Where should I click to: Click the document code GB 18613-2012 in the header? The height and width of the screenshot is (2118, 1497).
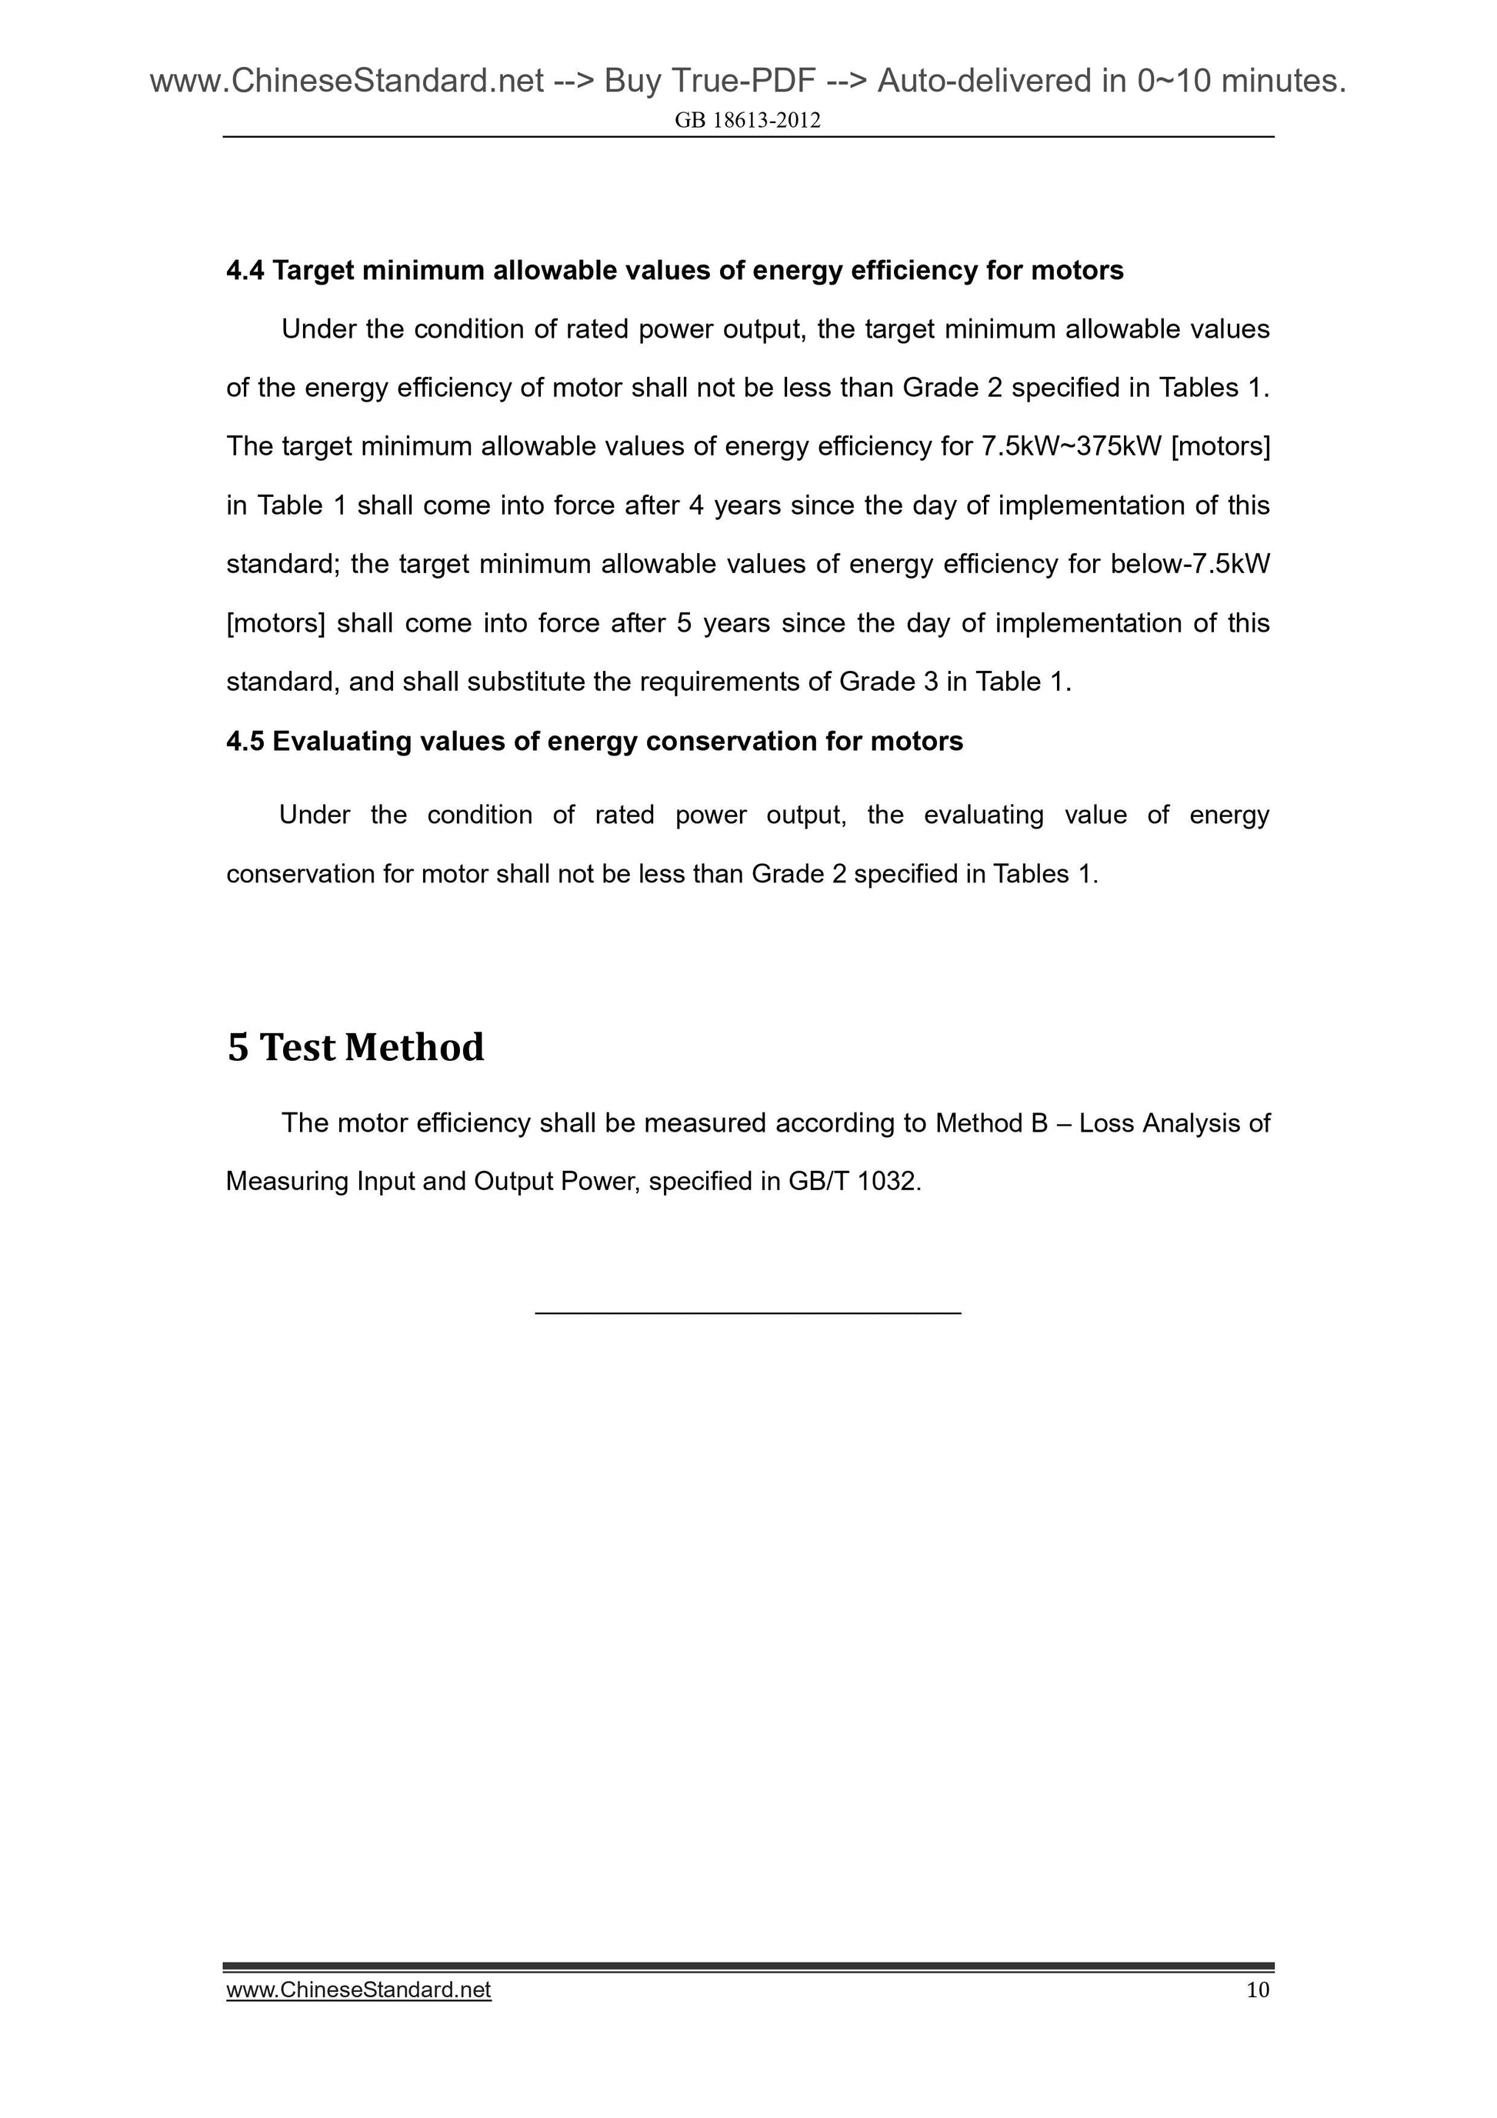pyautogui.click(x=747, y=121)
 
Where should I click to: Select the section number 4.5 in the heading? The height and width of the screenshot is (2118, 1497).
pyautogui.click(x=245, y=742)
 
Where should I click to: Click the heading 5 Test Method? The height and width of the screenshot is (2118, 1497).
pyautogui.click(x=355, y=1048)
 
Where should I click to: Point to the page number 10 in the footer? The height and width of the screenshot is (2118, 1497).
pyautogui.click(x=1257, y=1990)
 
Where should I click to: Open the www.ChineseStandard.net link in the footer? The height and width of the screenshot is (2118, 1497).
pyautogui.click(x=358, y=1990)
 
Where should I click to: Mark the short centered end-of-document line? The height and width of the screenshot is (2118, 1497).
pyautogui.click(x=747, y=1312)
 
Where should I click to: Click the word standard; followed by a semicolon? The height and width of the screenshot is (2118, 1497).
pyautogui.click(x=284, y=565)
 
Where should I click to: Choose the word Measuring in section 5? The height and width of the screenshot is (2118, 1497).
pyautogui.click(x=287, y=1182)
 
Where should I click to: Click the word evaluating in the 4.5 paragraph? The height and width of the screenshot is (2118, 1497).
pyautogui.click(x=983, y=816)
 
